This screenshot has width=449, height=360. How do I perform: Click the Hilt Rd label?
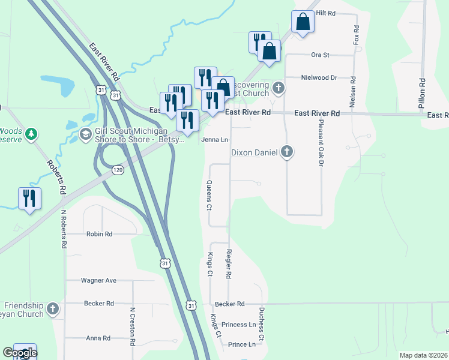(325, 13)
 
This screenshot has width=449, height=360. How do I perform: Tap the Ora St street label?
(321, 55)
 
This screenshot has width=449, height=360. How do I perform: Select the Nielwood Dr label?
(319, 77)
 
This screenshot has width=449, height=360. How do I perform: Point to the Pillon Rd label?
(422, 93)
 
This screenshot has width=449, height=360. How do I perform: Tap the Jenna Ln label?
(215, 140)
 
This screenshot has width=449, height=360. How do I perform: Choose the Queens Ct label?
(209, 196)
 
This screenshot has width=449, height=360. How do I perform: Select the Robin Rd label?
(100, 234)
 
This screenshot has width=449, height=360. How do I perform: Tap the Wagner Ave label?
(99, 280)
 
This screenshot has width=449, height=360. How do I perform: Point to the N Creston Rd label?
(132, 327)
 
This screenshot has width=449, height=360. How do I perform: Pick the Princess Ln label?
(238, 325)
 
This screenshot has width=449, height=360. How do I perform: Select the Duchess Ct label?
(261, 326)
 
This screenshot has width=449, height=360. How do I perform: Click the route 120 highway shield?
(118, 170)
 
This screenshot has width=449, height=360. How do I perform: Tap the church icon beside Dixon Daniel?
(288, 152)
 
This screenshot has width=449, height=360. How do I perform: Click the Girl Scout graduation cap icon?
(86, 133)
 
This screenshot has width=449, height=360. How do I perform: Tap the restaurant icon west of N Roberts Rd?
(29, 198)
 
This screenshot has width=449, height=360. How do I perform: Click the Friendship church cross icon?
(53, 309)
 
